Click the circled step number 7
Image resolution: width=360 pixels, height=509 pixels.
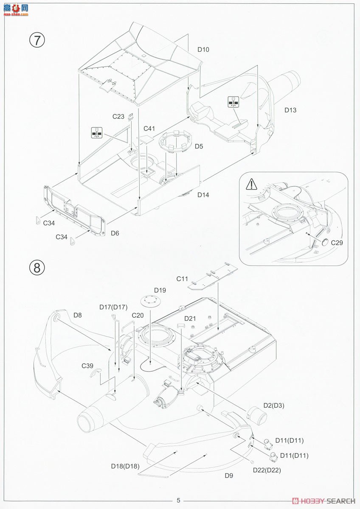[37, 39]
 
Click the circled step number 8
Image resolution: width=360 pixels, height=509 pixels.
[37, 268]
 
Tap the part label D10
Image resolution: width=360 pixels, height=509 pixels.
[203, 50]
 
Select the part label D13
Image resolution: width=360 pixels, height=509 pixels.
[290, 110]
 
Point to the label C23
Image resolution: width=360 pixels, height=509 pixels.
[118, 116]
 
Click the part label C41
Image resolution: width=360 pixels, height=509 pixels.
[149, 129]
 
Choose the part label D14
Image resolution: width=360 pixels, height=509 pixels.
[203, 195]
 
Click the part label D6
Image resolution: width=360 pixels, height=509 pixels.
[115, 233]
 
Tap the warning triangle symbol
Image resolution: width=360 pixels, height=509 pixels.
[251, 184]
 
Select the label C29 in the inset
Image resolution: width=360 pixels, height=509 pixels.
[337, 243]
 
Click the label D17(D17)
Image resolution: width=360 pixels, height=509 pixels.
[113, 307]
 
